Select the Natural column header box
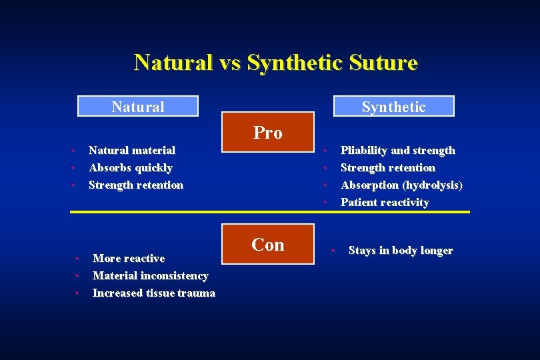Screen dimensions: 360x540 pos(138,107)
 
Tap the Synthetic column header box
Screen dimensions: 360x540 pos(393,107)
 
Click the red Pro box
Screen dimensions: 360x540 pos(267,133)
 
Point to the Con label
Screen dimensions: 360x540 pos(267,245)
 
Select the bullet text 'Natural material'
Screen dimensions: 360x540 pos(132,151)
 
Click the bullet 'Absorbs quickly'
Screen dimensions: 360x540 pos(130,168)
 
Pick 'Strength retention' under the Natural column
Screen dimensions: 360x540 pos(135,185)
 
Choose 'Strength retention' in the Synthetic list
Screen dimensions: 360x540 pos(387,168)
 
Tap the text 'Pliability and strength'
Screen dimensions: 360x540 pos(397,151)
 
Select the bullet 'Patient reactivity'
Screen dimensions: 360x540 pos(385,203)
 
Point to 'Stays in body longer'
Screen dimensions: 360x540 pos(400,251)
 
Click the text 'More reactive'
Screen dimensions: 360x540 pos(128,259)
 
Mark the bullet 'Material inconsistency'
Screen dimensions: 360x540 pos(150,276)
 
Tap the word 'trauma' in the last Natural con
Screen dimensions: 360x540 pos(195,293)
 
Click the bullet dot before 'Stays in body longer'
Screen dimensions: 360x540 pos(333,251)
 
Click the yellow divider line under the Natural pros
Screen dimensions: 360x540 pos(147,212)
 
